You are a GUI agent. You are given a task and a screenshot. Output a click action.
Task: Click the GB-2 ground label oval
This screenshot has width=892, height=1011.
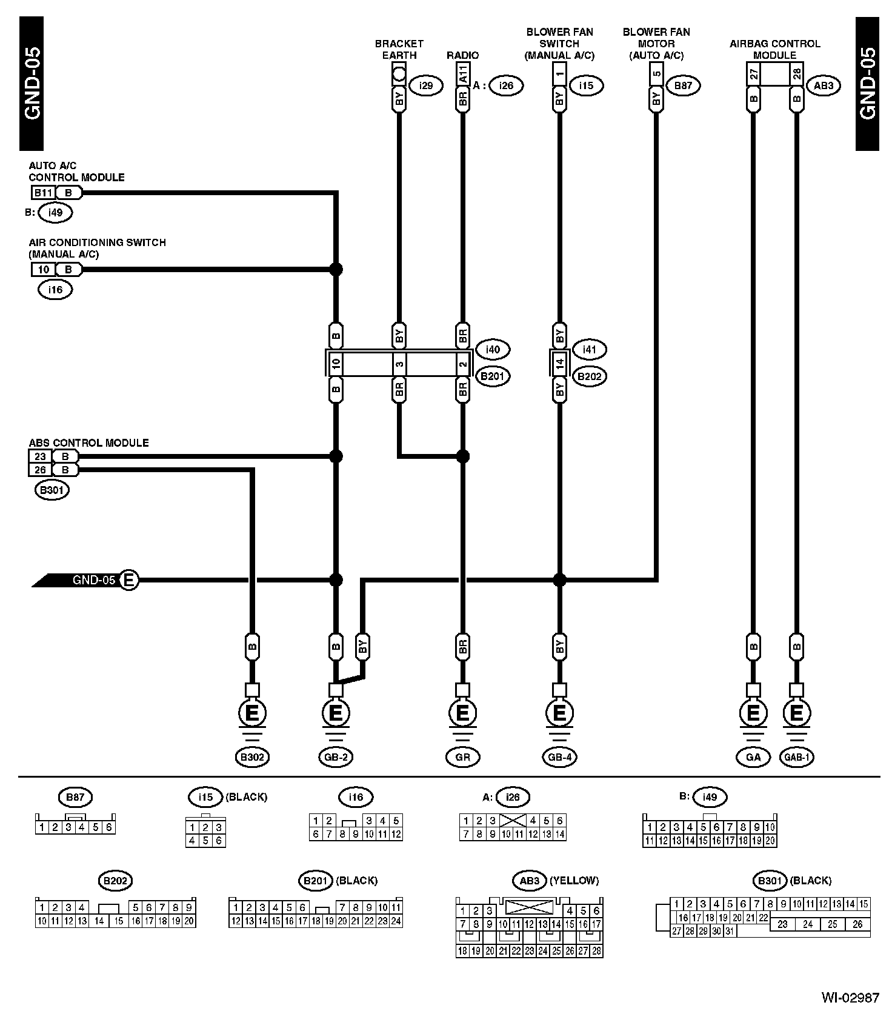[335, 756]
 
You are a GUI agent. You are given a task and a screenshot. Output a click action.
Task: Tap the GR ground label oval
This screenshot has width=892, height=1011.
[462, 756]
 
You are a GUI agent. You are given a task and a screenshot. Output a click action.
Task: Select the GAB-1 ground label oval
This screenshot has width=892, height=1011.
[796, 756]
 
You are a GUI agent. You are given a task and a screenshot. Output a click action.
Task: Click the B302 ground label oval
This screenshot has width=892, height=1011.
[252, 756]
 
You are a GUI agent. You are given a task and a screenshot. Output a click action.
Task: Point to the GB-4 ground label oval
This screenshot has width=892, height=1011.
[559, 756]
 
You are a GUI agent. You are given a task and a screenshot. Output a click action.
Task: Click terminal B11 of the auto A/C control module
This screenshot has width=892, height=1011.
[43, 193]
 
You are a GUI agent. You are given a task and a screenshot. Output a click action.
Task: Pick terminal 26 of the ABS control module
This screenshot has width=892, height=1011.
[40, 470]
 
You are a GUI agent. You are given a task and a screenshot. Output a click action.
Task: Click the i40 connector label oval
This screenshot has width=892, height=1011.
[493, 349]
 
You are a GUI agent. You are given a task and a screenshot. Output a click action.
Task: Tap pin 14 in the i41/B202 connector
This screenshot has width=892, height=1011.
[560, 364]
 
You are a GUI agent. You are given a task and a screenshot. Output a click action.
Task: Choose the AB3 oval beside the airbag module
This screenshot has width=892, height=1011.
[824, 85]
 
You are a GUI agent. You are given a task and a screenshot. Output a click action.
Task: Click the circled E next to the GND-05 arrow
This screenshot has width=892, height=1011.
[128, 580]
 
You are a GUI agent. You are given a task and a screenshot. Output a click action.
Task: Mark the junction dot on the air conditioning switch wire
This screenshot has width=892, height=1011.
[336, 269]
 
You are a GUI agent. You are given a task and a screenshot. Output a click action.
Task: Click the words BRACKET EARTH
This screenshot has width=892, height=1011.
[399, 49]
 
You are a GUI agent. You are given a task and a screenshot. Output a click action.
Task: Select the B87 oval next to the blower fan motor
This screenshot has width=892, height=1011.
[683, 85]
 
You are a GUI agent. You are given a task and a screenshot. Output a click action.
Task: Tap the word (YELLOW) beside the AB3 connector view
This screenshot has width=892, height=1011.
[573, 880]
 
